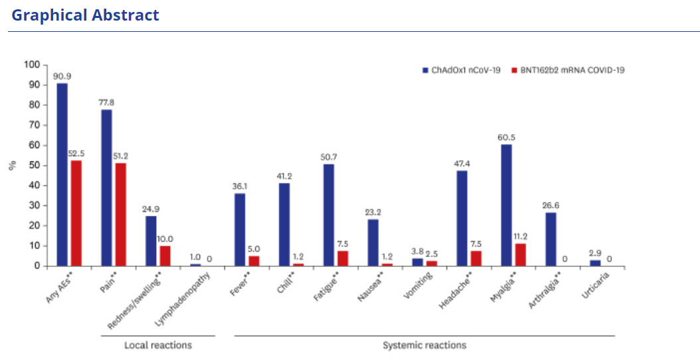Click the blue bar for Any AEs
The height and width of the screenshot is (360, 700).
[x=62, y=174]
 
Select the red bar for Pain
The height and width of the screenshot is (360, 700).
[x=120, y=215]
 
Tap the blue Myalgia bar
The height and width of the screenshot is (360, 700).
[x=506, y=205]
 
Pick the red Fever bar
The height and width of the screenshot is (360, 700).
[x=254, y=261]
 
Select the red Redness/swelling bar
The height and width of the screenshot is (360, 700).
[x=165, y=256]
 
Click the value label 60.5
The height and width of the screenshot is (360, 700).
[x=506, y=137]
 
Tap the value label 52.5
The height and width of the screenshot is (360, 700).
[x=76, y=153]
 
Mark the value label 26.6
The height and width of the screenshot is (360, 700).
[x=551, y=206]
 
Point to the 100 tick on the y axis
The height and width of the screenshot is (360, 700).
[x=33, y=65]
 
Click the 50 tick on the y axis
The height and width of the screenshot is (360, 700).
[x=35, y=165]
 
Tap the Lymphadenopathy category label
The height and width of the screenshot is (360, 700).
[x=183, y=296]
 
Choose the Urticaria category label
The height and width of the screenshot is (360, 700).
[x=594, y=287]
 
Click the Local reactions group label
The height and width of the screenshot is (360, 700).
[x=158, y=345]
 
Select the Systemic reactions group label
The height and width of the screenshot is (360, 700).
[x=424, y=345]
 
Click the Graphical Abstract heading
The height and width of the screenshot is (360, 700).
[x=86, y=15]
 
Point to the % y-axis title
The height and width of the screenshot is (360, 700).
[x=13, y=165]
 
